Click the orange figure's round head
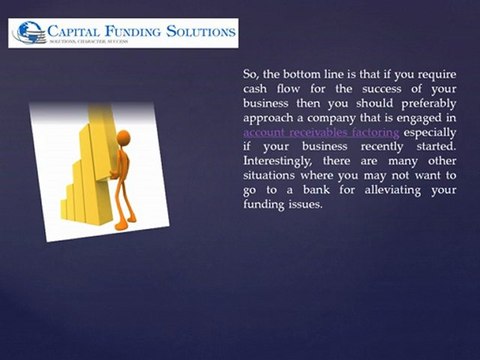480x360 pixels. pyautogui.click(x=123, y=138)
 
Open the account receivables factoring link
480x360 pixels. pyautogui.click(x=307, y=132)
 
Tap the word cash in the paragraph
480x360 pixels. pyautogui.click(x=258, y=88)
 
